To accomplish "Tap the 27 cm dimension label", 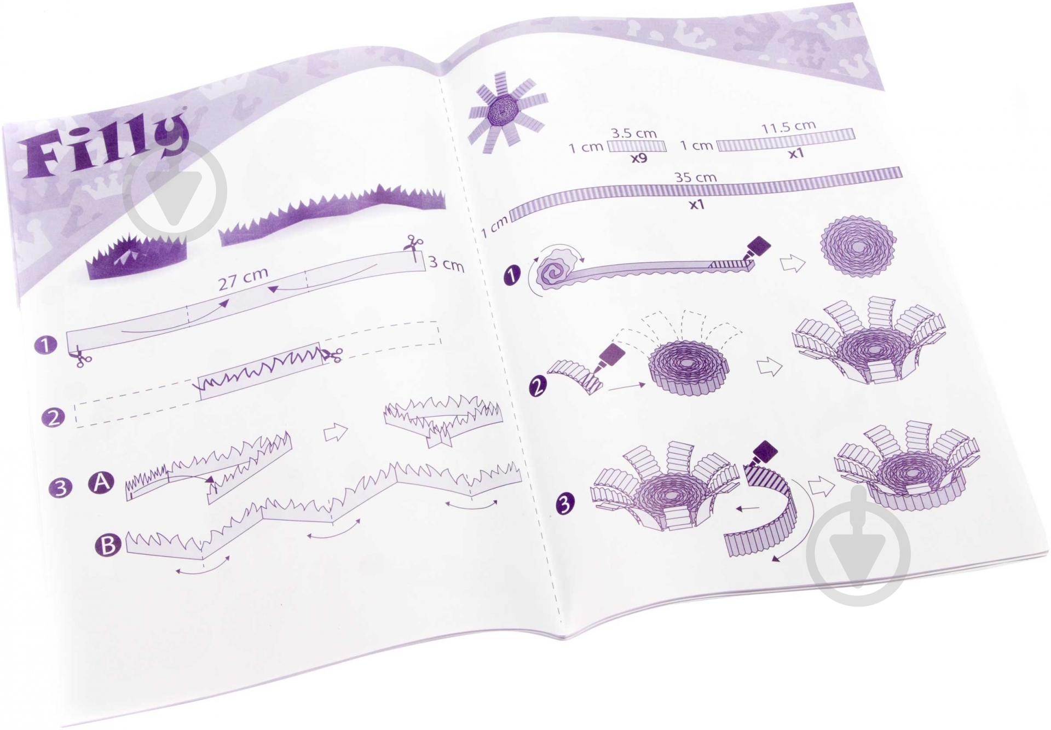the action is coord(243,279).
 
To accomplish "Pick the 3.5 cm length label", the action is coord(633,133).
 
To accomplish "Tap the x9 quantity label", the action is coord(639,159).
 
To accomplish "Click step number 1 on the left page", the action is coord(45,346).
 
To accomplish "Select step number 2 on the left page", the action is coord(53,418).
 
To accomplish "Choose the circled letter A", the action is coord(101,483).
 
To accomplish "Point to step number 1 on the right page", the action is coord(512,275).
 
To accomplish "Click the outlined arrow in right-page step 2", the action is coord(769,367).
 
